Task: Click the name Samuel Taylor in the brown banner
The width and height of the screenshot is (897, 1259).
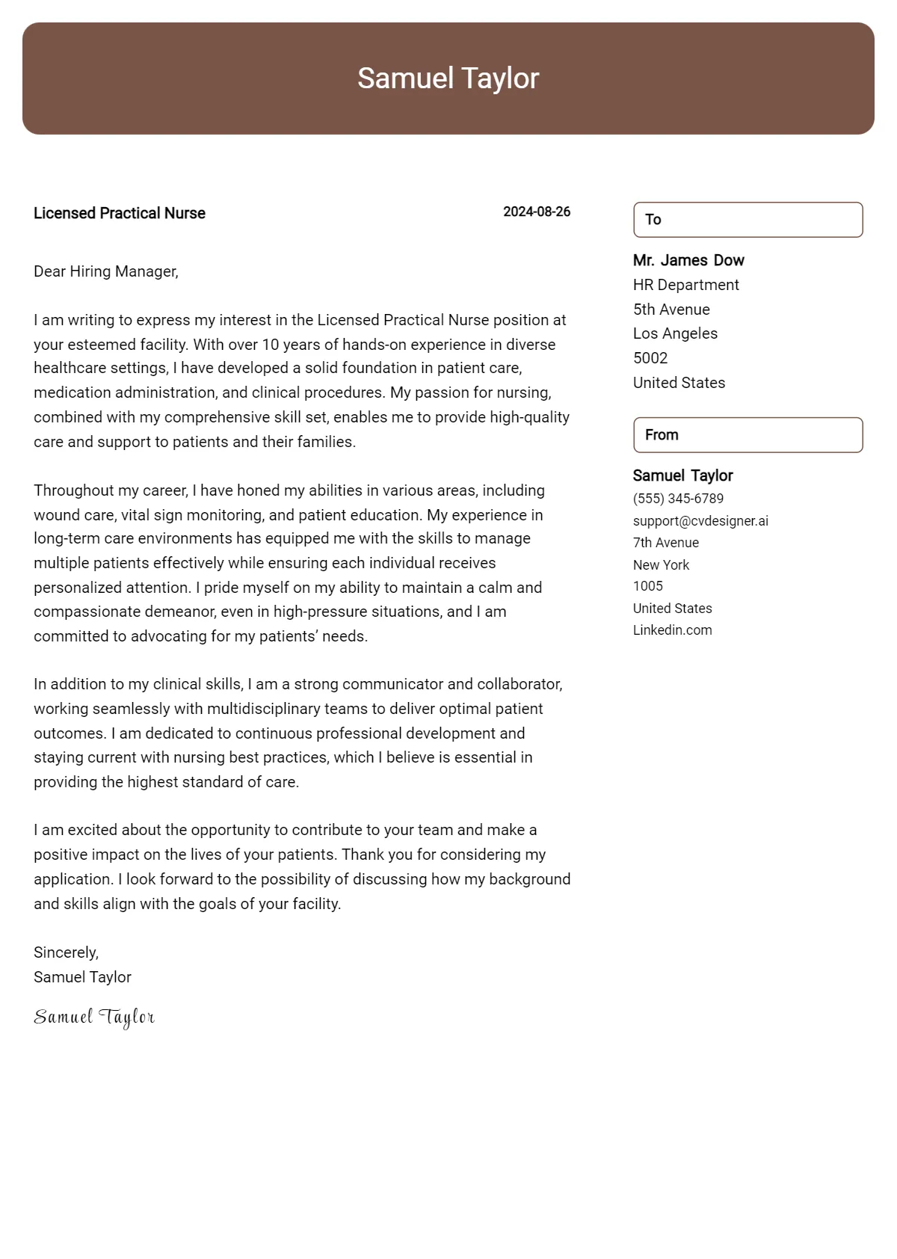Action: point(448,79)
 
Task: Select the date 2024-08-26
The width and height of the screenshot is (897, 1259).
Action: point(536,212)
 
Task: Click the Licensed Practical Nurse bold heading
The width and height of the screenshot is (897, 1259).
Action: point(120,213)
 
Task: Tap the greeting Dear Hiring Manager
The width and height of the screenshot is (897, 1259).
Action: point(106,271)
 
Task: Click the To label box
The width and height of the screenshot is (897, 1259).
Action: point(747,220)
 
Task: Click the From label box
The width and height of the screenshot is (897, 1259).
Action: point(747,435)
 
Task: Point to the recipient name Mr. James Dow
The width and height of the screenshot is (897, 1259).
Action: point(688,260)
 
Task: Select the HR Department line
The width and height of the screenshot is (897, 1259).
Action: point(685,285)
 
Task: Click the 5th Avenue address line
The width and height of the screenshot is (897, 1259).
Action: point(671,310)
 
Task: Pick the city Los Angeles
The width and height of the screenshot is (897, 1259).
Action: point(675,333)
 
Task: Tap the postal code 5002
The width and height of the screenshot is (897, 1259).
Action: point(650,358)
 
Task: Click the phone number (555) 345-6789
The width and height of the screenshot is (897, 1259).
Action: point(678,499)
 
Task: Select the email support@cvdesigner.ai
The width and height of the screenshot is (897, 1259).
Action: point(700,521)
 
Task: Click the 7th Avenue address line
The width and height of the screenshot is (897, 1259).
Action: point(666,543)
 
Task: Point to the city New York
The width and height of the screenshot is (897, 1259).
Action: point(661,565)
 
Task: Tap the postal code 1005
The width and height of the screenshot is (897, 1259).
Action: point(648,586)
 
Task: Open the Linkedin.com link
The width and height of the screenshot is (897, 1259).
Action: point(672,630)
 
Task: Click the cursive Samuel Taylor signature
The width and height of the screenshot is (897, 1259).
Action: point(94,1018)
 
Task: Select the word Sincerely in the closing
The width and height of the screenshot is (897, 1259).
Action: point(65,952)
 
